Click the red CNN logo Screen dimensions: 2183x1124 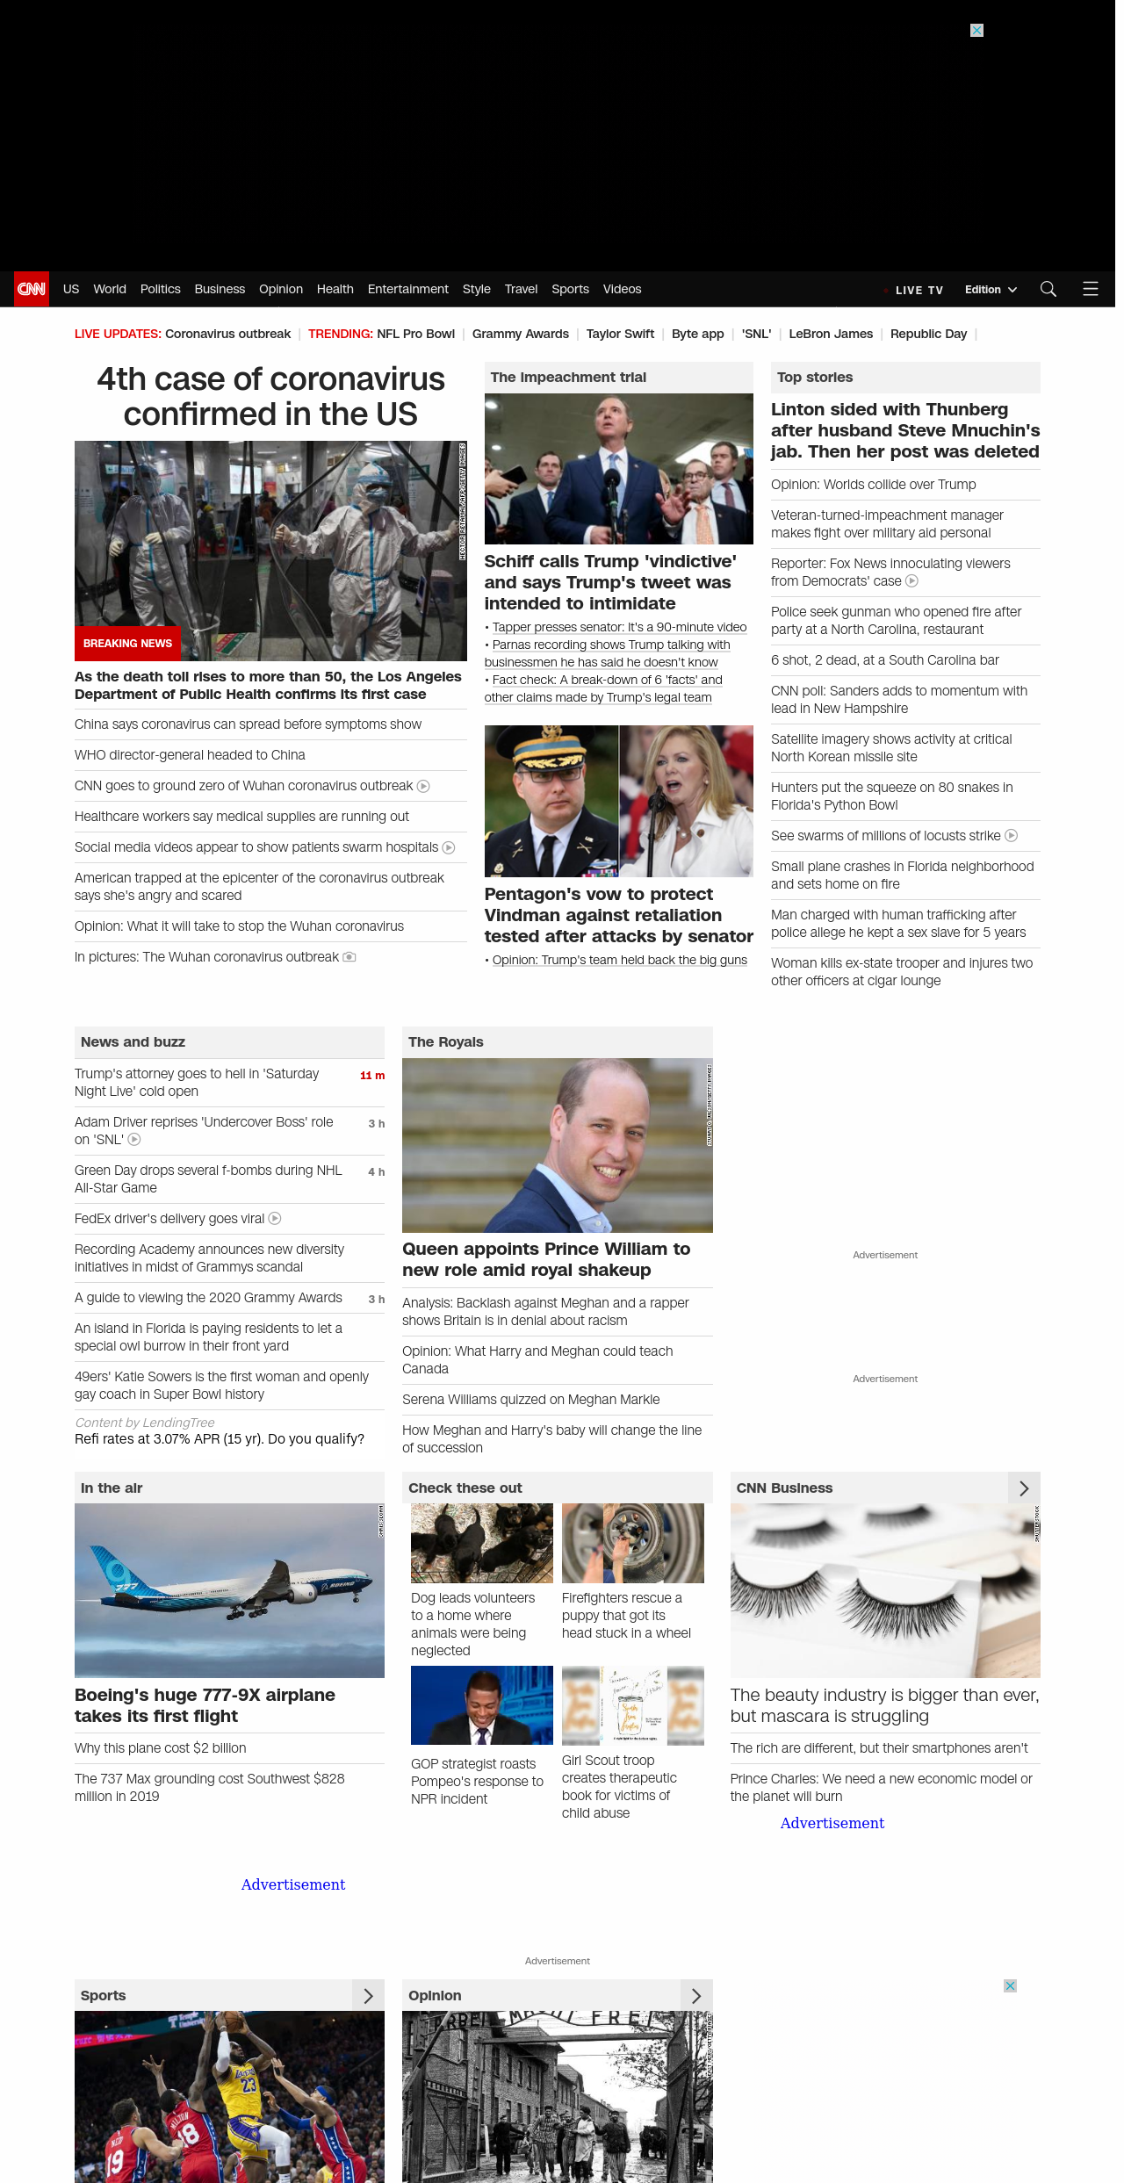click(32, 289)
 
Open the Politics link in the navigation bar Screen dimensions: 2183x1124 click(160, 289)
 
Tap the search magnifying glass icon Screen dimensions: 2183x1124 click(1048, 289)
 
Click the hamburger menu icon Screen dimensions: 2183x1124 click(1091, 289)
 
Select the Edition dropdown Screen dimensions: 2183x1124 click(990, 290)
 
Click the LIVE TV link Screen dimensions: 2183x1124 click(919, 290)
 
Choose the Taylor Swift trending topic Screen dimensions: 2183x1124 click(620, 334)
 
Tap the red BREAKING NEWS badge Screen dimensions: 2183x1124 click(127, 644)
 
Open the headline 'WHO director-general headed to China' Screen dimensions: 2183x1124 click(190, 755)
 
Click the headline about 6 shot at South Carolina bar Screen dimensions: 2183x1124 click(884, 660)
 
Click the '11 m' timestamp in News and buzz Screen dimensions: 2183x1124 click(372, 1076)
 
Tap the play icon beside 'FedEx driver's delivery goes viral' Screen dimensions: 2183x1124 click(275, 1219)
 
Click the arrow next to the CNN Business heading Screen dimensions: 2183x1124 click(1024, 1488)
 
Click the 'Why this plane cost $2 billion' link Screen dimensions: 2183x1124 click(160, 1748)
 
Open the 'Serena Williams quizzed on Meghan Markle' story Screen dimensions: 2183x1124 click(530, 1400)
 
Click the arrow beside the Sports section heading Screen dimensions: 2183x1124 click(368, 1996)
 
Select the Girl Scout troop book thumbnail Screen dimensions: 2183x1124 click(632, 1705)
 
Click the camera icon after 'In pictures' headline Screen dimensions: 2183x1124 click(349, 957)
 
